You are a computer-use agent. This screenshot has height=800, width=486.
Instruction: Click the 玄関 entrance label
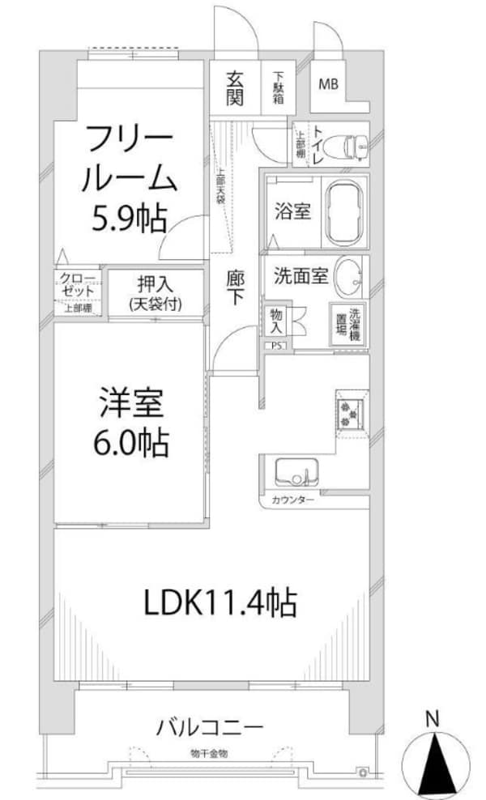pos(235,89)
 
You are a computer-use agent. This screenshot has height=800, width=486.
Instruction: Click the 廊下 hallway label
pos(236,287)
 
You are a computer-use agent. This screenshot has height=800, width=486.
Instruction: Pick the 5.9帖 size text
pos(127,217)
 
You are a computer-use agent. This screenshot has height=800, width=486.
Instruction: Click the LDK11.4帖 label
pos(220,602)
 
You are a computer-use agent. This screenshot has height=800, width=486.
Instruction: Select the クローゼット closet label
pos(78,287)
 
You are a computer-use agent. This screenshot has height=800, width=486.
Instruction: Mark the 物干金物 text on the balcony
pos(209,752)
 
